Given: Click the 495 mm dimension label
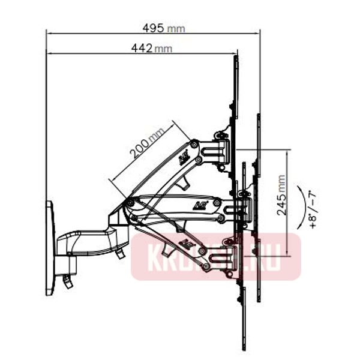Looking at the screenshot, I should coord(163,28).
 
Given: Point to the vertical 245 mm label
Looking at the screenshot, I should coord(282,196).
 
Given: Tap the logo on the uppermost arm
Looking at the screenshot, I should coord(184,158).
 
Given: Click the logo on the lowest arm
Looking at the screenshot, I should coord(188,244).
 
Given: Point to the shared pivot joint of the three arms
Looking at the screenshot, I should coord(128,204).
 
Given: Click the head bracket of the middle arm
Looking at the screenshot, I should coord(237,207).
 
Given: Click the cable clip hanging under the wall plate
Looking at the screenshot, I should coord(67,281).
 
